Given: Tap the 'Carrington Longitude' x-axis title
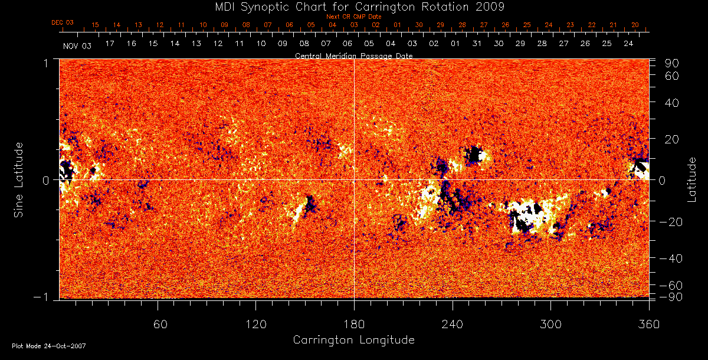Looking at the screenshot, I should pyautogui.click(x=353, y=340).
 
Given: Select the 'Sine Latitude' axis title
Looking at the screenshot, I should pyautogui.click(x=19, y=179).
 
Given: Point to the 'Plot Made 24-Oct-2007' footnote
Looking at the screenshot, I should pyautogui.click(x=49, y=346).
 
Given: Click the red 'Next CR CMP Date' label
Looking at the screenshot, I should pyautogui.click(x=354, y=17).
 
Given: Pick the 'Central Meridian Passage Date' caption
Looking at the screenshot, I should pyautogui.click(x=353, y=55).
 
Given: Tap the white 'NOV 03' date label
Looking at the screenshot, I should pyautogui.click(x=77, y=45).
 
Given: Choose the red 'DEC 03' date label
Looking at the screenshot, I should pyautogui.click(x=63, y=22).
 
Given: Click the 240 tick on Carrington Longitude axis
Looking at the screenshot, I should pyautogui.click(x=452, y=324).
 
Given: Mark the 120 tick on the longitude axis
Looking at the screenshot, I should pyautogui.click(x=255, y=324).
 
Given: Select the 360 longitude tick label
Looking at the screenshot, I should pyautogui.click(x=648, y=324).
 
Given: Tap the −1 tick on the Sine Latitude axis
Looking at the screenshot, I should pyautogui.click(x=45, y=297).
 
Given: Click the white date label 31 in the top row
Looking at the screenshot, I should pyautogui.click(x=477, y=44).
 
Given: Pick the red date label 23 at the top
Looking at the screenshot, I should pyautogui.click(x=570, y=25).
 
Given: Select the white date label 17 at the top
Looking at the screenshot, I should pyautogui.click(x=110, y=44).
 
